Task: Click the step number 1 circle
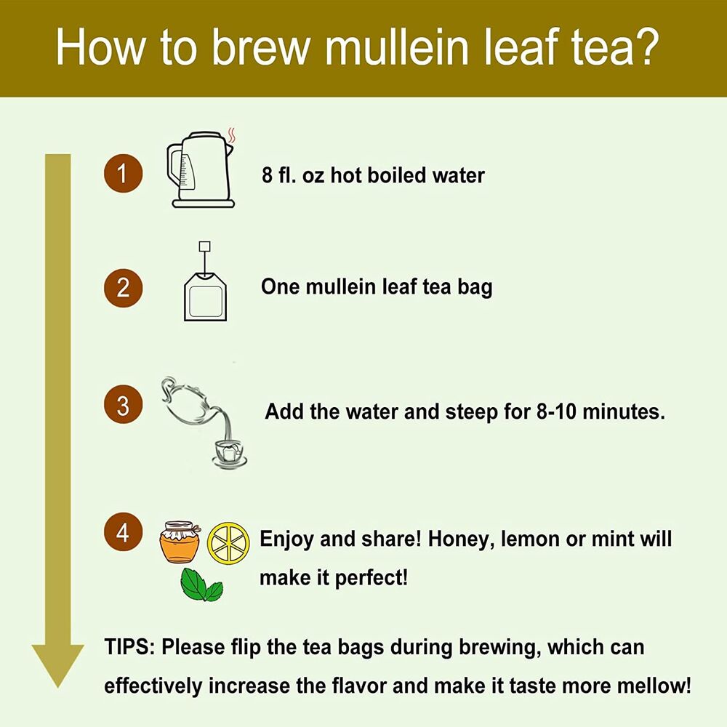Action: (x=123, y=174)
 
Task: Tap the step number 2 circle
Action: (x=123, y=288)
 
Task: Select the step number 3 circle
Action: (x=123, y=404)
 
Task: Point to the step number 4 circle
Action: (x=123, y=532)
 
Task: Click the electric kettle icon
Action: (x=201, y=169)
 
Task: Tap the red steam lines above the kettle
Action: (x=232, y=135)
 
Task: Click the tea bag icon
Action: (x=205, y=282)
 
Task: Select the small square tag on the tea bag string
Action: (x=204, y=246)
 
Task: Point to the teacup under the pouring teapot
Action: (x=229, y=453)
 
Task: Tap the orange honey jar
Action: (x=180, y=542)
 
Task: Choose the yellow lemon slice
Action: (x=228, y=543)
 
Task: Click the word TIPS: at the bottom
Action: (x=130, y=647)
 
